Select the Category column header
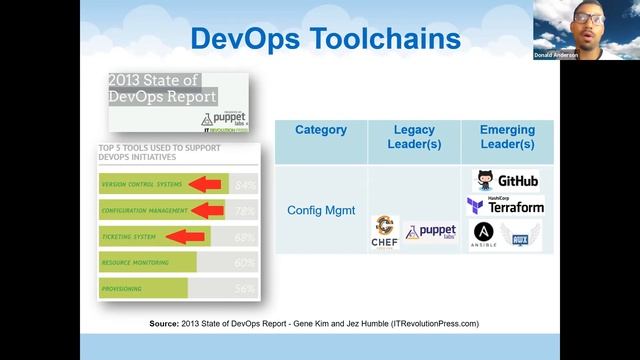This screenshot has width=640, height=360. click(321, 130)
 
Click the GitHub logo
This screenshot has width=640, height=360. click(507, 181)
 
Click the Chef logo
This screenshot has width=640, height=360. click(384, 231)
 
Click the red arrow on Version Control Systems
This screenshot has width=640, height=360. click(206, 184)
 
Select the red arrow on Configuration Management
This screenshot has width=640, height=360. click(208, 210)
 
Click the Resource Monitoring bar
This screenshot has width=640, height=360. click(148, 262)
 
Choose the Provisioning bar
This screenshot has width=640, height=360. click(143, 288)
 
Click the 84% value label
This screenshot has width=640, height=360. click(245, 185)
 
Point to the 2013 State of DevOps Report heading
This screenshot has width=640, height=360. click(162, 88)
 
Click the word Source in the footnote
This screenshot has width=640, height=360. click(164, 324)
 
